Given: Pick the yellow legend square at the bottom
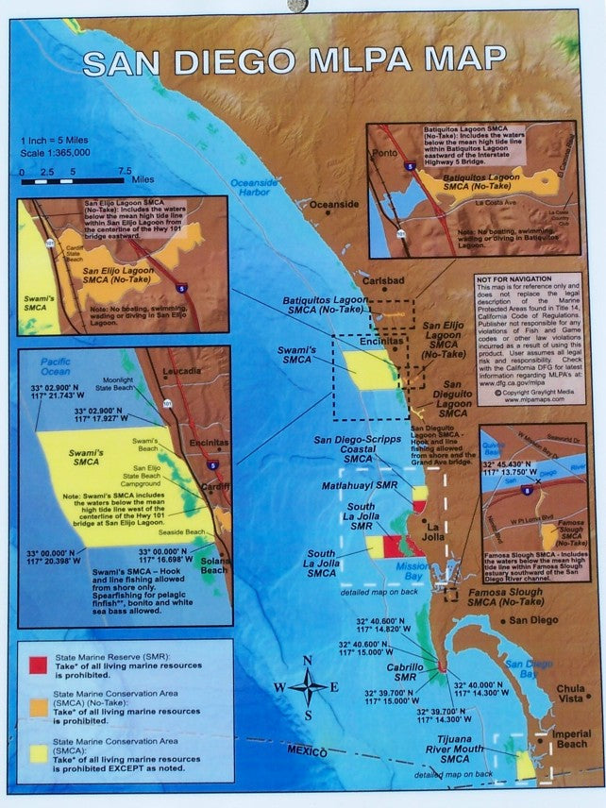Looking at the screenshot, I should pos(38,751).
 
